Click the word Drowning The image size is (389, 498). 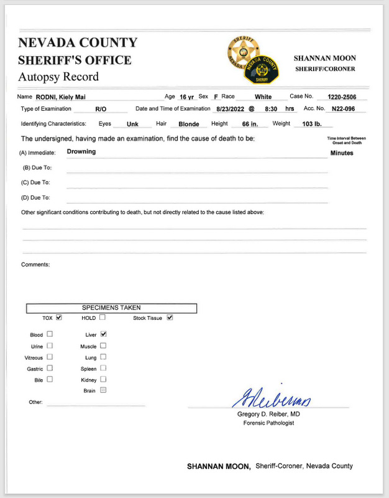pos(81,152)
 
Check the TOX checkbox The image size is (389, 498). pos(59,317)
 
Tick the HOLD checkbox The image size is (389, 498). pos(103,317)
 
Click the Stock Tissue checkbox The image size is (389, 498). pos(170,317)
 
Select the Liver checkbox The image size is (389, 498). pos(103,334)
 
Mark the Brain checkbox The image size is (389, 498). pos(103,390)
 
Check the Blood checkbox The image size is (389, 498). pos(50,334)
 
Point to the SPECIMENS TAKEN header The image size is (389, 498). pos(111,308)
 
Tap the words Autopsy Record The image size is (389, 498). pos(58,77)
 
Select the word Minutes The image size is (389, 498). pos(342,153)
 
